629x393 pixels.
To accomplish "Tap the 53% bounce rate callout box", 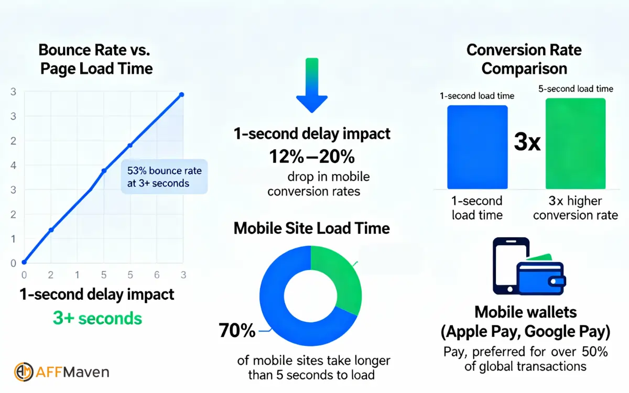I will (165, 177).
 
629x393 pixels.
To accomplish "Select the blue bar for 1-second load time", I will (477, 147).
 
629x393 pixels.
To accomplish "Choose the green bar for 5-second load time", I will (576, 144).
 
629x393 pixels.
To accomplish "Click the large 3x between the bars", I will (527, 143).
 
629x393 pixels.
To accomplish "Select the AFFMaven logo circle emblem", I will (24, 372).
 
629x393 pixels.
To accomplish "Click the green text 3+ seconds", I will (97, 318).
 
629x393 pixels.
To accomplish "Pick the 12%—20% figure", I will (312, 156).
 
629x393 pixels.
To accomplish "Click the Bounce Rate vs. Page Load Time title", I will (95, 59).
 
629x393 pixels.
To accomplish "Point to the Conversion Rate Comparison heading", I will (524, 59).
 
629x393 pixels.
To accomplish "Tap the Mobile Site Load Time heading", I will (312, 228).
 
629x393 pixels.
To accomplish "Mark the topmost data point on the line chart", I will (182, 94).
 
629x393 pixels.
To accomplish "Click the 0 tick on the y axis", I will (14, 263).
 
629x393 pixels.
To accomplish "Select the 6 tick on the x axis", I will (156, 275).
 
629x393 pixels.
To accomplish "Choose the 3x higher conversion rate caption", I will (576, 208).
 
